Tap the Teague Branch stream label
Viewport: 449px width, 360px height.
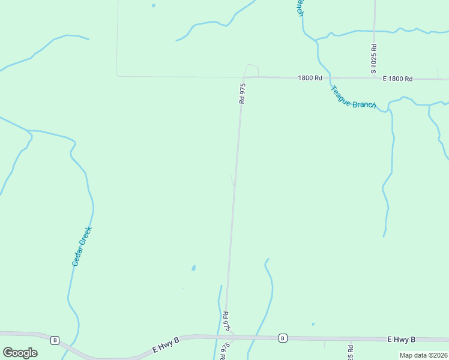pos(353,97)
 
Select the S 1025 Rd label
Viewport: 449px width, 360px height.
pos(373,59)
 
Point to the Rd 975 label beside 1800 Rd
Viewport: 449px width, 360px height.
pos(243,94)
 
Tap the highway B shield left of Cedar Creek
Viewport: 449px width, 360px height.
pos(55,340)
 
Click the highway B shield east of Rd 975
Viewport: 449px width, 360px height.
pos(282,338)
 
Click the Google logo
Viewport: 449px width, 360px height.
pos(20,353)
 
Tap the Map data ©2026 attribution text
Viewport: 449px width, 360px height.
pos(423,355)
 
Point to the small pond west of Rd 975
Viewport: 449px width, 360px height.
pos(193,268)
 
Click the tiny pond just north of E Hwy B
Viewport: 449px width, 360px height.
pos(313,325)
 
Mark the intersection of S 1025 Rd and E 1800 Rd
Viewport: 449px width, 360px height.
pos(375,78)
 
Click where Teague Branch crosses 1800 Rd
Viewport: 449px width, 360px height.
pos(326,77)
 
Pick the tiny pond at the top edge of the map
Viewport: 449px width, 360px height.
pos(153,5)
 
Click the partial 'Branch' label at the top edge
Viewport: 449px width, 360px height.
pos(299,8)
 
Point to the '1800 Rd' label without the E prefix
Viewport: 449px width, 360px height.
pos(311,78)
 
